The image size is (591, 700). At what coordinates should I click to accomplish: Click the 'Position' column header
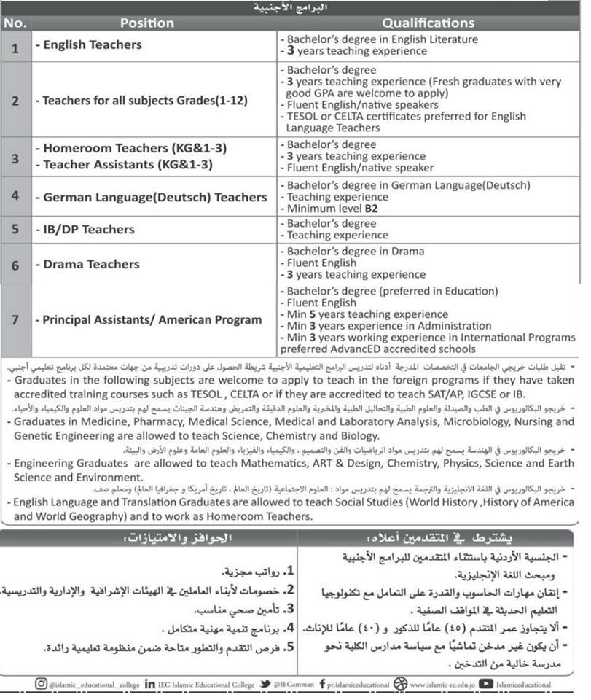pos(147,23)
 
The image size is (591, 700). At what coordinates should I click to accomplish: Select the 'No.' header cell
pos(15,23)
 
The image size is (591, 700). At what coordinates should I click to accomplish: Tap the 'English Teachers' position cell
pos(93,45)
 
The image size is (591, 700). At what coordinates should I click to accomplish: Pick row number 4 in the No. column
pos(15,197)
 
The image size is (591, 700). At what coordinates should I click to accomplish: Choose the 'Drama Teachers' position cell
pos(91,264)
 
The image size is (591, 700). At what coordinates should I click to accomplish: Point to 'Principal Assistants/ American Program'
pos(152,320)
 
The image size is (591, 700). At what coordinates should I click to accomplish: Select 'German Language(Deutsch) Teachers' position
pos(154,198)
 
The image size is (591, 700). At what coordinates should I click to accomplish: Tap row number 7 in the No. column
pos(15,320)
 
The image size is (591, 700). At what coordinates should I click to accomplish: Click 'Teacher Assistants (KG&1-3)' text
pos(128,165)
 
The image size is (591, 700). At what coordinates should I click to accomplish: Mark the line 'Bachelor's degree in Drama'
pos(355,252)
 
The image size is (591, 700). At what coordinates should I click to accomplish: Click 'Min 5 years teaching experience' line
pos(358,314)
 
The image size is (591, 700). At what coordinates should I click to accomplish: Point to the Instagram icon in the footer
pos(41,684)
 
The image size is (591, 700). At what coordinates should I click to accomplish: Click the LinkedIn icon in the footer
pos(149,684)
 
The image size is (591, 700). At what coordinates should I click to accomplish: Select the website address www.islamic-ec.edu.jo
pos(442,685)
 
